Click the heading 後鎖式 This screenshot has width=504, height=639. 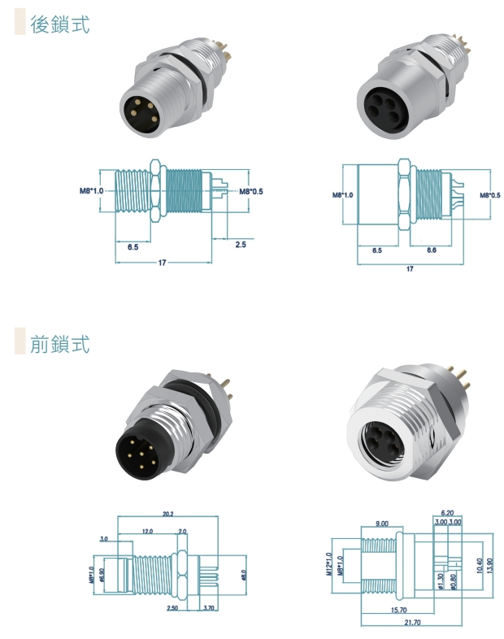tap(59, 24)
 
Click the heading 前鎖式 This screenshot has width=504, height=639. tap(59, 343)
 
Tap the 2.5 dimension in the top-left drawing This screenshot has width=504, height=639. tap(241, 244)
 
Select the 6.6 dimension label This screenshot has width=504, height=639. tap(431, 250)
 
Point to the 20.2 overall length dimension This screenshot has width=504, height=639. tap(168, 514)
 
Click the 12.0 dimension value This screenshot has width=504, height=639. tap(148, 531)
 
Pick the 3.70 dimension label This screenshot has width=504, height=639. tap(209, 608)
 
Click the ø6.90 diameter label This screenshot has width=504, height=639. tap(102, 574)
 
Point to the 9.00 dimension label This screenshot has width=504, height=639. tap(381, 524)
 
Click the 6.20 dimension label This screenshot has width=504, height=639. tap(447, 513)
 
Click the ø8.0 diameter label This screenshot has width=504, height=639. tap(243, 574)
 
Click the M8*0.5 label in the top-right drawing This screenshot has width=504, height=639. tap(489, 196)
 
